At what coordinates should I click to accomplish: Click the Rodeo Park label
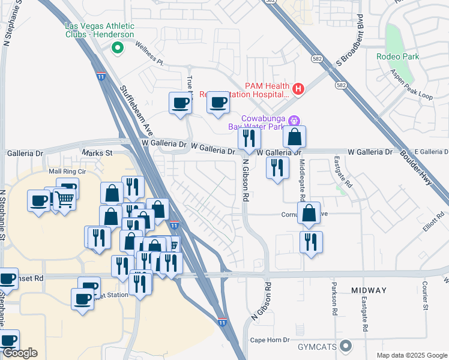(397, 57)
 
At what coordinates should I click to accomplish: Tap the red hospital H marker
(298, 89)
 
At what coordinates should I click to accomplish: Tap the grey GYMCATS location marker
(345, 346)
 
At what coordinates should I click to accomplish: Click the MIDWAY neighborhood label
(369, 290)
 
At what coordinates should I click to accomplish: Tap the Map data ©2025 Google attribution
(411, 355)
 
